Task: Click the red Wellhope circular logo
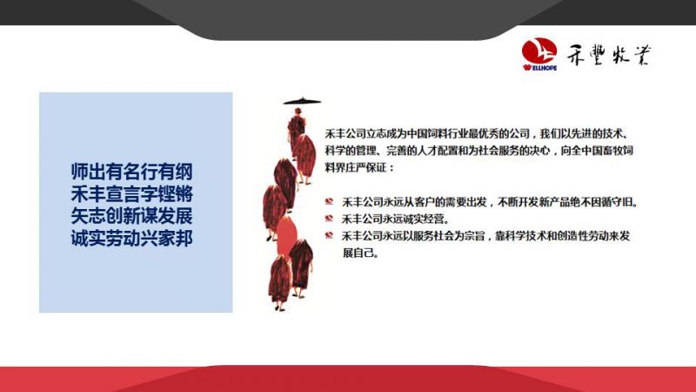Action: tap(539, 51)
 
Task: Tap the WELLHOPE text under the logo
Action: tap(539, 68)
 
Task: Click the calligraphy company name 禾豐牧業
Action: tap(608, 55)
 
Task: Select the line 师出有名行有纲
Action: tap(132, 172)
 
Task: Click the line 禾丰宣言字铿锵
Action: tap(132, 193)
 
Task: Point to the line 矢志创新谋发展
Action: tap(132, 216)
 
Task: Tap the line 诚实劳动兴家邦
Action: tap(132, 239)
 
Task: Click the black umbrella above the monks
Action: tap(302, 101)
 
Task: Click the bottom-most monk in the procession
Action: tap(279, 282)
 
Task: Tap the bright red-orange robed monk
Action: tap(287, 235)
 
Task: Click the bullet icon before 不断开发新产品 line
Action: tap(329, 201)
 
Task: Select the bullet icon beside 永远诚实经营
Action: tap(329, 219)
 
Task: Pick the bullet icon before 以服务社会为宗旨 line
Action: tap(329, 235)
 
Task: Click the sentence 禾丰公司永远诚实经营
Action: tap(396, 219)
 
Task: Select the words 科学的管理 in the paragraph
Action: tap(351, 151)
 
